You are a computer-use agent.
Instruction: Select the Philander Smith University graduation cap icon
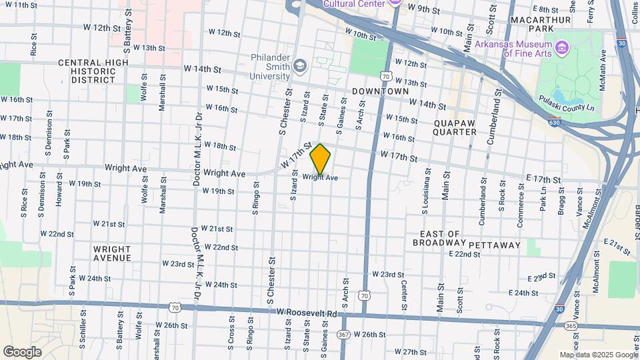pyautogui.click(x=300, y=65)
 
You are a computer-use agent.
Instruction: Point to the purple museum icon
pyautogui.click(x=562, y=47)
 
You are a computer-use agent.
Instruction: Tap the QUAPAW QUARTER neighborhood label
pyautogui.click(x=455, y=127)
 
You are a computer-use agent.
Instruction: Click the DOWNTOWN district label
pyautogui.click(x=380, y=91)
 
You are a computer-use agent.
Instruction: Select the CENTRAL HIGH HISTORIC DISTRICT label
pyautogui.click(x=93, y=71)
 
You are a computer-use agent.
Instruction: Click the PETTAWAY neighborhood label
pyautogui.click(x=494, y=245)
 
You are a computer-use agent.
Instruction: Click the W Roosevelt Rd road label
pyautogui.click(x=307, y=312)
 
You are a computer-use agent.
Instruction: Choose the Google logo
pyautogui.click(x=22, y=351)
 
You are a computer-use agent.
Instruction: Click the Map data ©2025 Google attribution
pyautogui.click(x=598, y=355)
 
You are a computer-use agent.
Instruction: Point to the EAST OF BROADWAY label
pyautogui.click(x=440, y=239)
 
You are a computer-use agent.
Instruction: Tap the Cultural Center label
pyautogui.click(x=353, y=3)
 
